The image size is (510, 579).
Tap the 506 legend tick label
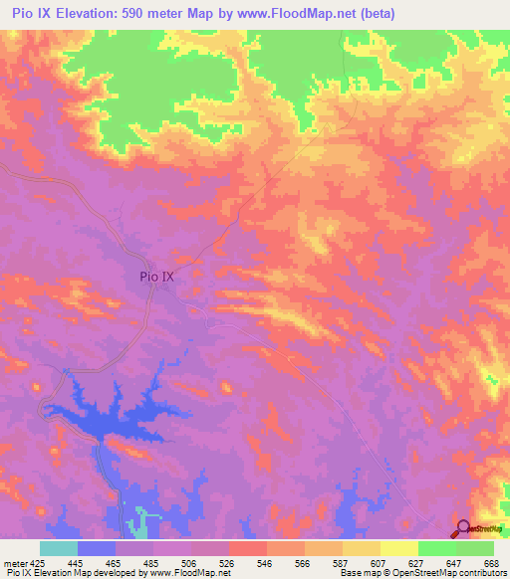coord(190,562)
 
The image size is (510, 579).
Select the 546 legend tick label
coord(266,562)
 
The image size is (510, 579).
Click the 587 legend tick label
coord(342,562)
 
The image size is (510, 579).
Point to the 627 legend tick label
coord(417,562)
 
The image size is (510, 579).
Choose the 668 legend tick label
coord(490,562)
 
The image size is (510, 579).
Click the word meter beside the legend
coord(16,562)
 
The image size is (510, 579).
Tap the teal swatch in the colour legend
coord(59,548)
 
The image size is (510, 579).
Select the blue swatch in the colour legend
coord(97,548)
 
